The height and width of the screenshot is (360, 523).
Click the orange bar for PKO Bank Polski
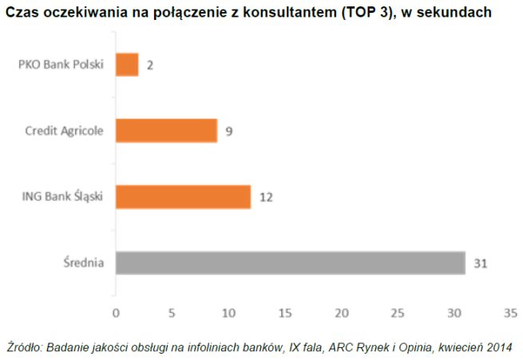pyautogui.click(x=127, y=65)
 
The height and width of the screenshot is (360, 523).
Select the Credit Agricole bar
pyautogui.click(x=166, y=130)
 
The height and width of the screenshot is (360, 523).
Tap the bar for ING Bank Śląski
pyautogui.click(x=183, y=196)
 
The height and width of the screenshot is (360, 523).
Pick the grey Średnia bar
pyautogui.click(x=290, y=263)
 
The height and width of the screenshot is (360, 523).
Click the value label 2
pyautogui.click(x=149, y=65)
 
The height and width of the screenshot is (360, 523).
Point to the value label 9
pyautogui.click(x=228, y=131)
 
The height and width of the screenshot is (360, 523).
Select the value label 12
pyautogui.click(x=267, y=197)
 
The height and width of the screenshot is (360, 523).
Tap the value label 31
pyautogui.click(x=480, y=263)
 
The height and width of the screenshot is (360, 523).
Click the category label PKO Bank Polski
pyautogui.click(x=61, y=65)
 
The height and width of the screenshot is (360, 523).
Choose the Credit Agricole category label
pyautogui.click(x=64, y=131)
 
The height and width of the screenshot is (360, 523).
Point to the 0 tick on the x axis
pyautogui.click(x=116, y=311)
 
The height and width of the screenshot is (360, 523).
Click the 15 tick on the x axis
pyautogui.click(x=284, y=311)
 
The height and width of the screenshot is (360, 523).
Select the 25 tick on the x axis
pyautogui.click(x=398, y=311)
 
